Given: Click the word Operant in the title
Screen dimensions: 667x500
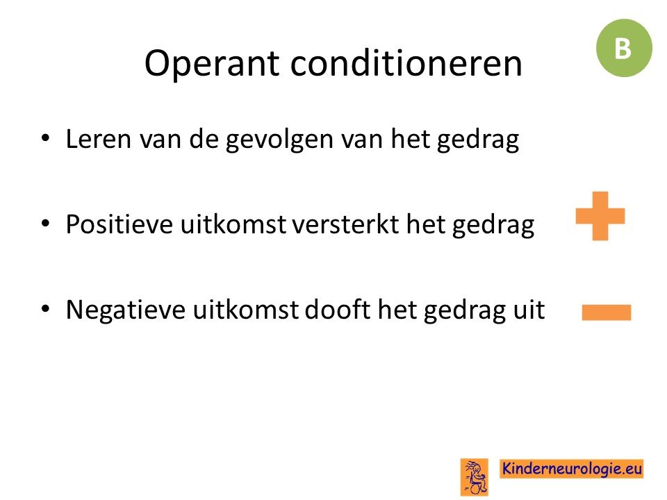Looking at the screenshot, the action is click(x=212, y=64).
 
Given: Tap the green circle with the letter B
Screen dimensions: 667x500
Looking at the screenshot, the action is click(x=624, y=48).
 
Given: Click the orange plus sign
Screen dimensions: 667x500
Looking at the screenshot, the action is click(x=600, y=216).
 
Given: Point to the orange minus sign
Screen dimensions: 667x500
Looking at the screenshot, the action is click(x=607, y=312).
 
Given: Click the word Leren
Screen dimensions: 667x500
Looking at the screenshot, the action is click(x=98, y=139).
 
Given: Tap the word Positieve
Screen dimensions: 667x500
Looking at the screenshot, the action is click(x=119, y=224).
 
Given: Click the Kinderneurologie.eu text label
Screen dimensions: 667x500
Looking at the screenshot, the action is click(x=571, y=469).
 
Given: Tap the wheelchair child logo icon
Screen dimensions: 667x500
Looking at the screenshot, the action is click(x=475, y=476).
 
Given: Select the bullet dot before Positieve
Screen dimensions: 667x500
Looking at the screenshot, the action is click(x=45, y=223).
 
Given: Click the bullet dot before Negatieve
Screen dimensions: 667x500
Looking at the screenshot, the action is click(x=45, y=308).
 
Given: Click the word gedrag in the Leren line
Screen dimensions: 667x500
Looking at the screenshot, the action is click(x=478, y=140).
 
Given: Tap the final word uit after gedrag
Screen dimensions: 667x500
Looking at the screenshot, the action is click(x=529, y=309).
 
